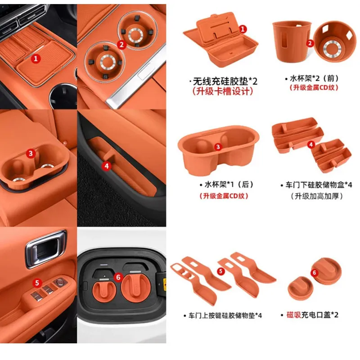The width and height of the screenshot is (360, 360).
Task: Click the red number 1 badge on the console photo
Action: (x=36, y=58)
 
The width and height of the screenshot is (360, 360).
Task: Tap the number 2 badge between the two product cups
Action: (x=310, y=43)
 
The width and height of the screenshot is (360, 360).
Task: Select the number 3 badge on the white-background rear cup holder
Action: (x=218, y=147)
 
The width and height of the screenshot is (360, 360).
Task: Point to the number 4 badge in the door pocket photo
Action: (x=107, y=166)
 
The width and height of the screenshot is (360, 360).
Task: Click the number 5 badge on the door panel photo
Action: (x=37, y=283)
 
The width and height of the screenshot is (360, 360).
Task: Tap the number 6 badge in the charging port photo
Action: (x=118, y=277)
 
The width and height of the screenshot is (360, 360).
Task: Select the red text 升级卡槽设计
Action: (x=223, y=91)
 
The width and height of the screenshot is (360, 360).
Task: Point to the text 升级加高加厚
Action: (x=317, y=196)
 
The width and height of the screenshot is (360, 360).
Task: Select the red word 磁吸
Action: (x=294, y=315)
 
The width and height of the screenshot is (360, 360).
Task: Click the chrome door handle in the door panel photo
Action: (x=46, y=249)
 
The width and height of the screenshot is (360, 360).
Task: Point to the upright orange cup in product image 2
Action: (x=292, y=42)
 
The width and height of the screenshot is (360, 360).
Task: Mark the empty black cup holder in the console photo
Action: (x=63, y=96)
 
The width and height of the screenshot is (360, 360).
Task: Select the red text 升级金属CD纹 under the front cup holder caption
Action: (x=314, y=88)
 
